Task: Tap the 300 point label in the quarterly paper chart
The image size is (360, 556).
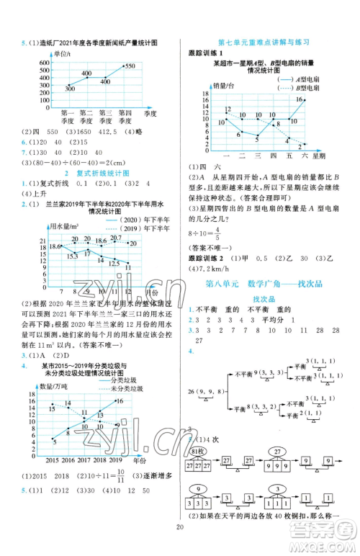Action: click(x=69, y=88)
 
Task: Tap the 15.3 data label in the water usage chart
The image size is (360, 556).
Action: click(x=72, y=256)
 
